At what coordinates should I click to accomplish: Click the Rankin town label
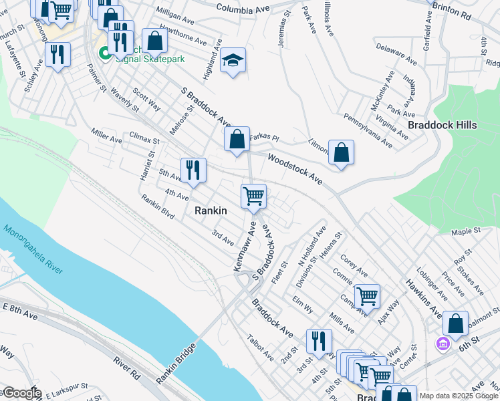tap(211, 211)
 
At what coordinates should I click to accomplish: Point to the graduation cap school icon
tap(233, 60)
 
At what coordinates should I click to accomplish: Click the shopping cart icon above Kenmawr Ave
tap(253, 196)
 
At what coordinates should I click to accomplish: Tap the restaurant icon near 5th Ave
tap(192, 170)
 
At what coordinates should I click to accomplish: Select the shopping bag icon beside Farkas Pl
tap(237, 140)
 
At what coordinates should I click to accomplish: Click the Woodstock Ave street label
tap(295, 169)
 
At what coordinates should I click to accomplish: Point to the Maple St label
tap(466, 231)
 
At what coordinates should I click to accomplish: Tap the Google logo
tap(22, 393)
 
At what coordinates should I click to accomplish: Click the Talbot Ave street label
tap(261, 347)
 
